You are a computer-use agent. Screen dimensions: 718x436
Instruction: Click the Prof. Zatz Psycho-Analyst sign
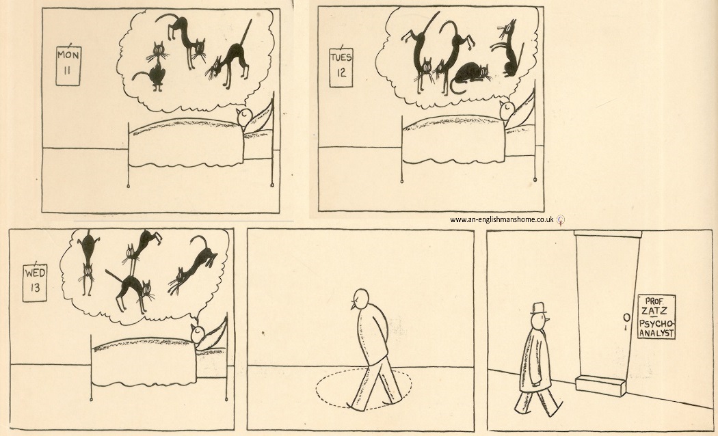pyautogui.click(x=656, y=316)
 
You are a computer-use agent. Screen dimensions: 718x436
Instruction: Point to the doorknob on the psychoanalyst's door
pyautogui.click(x=626, y=317)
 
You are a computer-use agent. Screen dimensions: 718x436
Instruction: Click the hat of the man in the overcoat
pyautogui.click(x=539, y=308)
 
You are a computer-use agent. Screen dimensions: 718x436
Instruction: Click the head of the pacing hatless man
pyautogui.click(x=360, y=298)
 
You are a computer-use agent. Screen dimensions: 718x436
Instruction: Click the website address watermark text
pyautogui.click(x=502, y=219)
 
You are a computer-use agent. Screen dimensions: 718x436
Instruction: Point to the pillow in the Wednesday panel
pyautogui.click(x=215, y=331)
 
